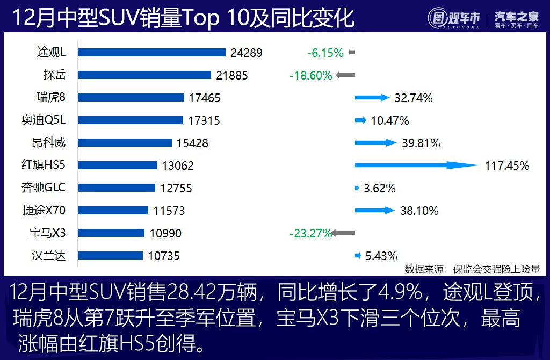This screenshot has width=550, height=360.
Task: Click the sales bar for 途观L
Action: coord(151,53)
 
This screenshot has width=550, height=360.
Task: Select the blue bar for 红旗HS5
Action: coord(118,165)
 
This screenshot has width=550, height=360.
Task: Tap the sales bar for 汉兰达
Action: coord(110,256)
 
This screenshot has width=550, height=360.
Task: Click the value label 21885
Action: coord(232,76)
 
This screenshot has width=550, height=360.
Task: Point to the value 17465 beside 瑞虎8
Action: coord(205,98)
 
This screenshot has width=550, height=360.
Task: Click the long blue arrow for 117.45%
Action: coord(416,165)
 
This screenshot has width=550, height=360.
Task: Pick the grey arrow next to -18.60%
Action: coord(345,75)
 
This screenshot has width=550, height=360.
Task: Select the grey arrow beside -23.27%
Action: coord(344,233)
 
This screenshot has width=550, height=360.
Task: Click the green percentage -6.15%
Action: coord(325,53)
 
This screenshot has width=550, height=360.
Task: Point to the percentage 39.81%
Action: coord(421,143)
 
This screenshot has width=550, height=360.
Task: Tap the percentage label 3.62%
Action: coord(380,189)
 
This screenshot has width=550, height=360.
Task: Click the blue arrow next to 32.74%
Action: coord(372,98)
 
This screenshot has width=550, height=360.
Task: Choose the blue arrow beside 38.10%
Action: coord(375,211)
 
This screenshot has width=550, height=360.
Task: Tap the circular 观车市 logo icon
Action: coord(438,18)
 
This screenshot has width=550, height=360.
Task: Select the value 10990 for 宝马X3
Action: coord(165,233)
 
